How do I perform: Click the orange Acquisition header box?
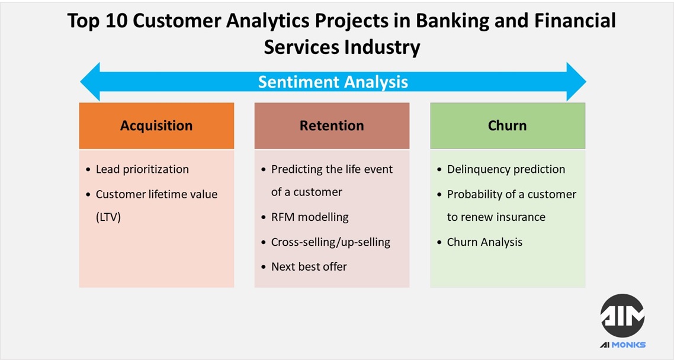tap(156, 126)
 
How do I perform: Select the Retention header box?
tap(332, 126)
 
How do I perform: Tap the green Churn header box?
tap(507, 126)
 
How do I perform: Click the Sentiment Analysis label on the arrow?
tap(333, 82)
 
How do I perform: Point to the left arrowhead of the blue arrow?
tap(91, 82)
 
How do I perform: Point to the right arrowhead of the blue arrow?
tap(576, 82)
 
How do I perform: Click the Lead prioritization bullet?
tap(142, 169)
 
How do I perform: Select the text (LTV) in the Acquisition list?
tap(108, 217)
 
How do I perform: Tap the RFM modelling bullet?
tap(310, 217)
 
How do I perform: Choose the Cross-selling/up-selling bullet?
tap(330, 242)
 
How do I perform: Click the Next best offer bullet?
tap(309, 266)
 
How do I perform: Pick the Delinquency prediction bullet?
tap(506, 169)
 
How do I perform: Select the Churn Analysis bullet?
tap(484, 242)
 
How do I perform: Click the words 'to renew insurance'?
tap(496, 217)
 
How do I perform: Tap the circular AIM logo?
tap(622, 316)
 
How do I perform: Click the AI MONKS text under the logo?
tap(622, 345)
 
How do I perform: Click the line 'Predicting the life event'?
tap(332, 169)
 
